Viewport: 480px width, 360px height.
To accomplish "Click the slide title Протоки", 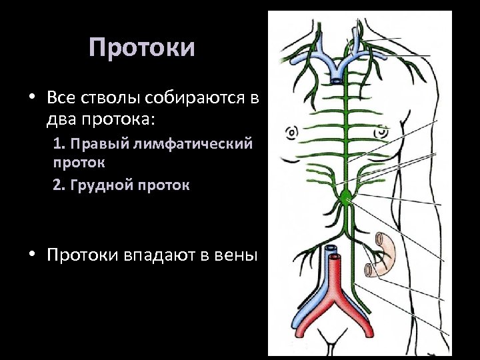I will pos(142,48).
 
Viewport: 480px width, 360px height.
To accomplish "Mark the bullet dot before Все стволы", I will pos(31,99).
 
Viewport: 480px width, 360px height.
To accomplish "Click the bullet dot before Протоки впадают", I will pos(31,255).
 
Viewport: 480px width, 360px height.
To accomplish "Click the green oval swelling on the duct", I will pos(345,197).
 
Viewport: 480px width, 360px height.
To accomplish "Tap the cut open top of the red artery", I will pos(334,255).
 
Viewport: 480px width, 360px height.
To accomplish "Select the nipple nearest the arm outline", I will pos(382,131).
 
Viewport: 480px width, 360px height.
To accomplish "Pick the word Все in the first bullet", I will pos(63,98).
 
